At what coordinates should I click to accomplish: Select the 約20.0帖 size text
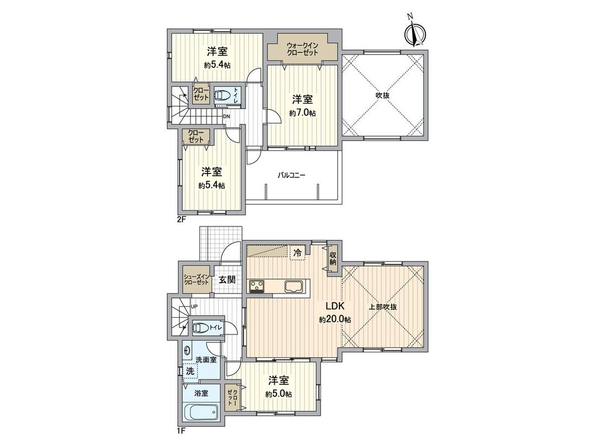click(335, 319)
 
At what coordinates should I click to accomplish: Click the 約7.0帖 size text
click(302, 113)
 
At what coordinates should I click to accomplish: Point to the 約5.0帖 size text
click(278, 394)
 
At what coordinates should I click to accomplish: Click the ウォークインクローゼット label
click(302, 48)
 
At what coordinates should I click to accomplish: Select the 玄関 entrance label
click(227, 279)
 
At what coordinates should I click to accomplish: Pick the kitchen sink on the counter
click(297, 287)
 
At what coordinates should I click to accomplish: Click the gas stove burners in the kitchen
click(257, 286)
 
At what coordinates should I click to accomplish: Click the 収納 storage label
click(334, 258)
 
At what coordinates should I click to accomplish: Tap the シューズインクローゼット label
click(196, 279)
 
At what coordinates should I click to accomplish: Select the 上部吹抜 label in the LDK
click(384, 307)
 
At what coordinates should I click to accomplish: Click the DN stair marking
click(226, 117)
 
